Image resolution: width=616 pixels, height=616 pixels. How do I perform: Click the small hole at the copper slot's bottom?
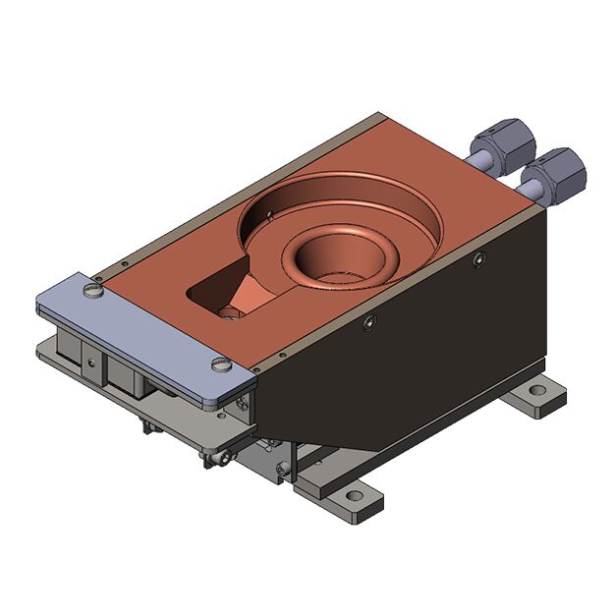(x=228, y=312)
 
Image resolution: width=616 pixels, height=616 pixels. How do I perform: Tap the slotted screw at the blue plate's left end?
(x=93, y=290)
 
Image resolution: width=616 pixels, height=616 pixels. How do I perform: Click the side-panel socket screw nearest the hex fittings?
(x=478, y=259)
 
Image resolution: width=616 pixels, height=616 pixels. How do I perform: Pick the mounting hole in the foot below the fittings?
(x=536, y=391)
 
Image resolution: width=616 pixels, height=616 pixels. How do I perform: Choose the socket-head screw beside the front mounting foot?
(x=285, y=472)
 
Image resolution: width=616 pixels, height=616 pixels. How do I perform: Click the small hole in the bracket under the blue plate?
(x=91, y=362)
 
